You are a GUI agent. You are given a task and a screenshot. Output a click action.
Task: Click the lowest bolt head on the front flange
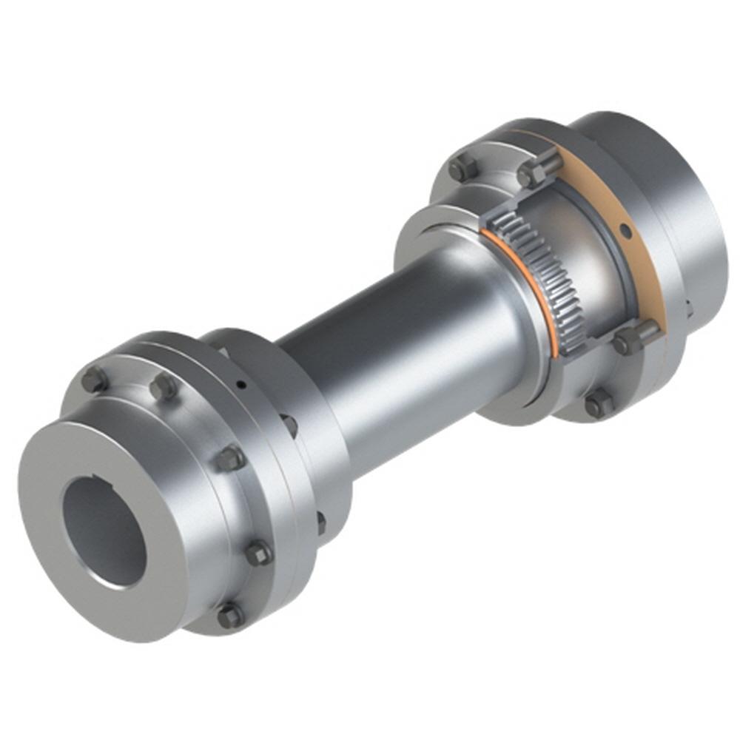click(230, 615)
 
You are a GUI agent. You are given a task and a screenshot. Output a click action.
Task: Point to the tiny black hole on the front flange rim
click(240, 383)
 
